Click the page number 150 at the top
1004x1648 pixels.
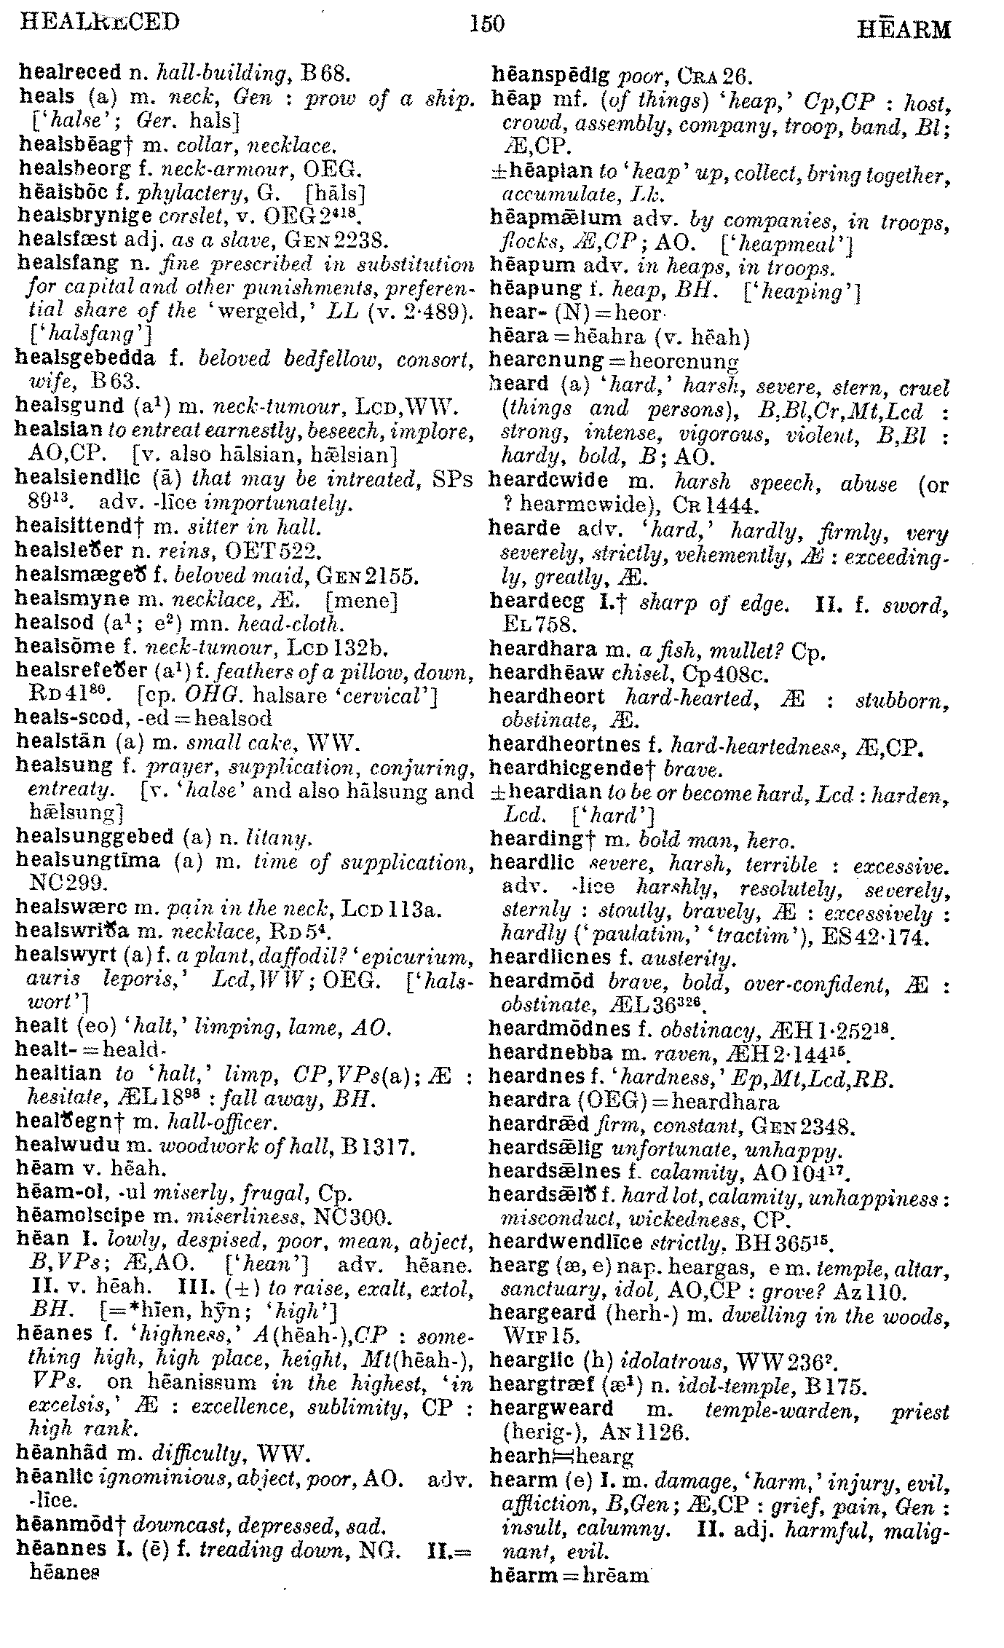coord(487,24)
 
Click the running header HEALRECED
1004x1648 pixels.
coord(100,22)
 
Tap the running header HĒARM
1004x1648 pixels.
coord(904,29)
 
